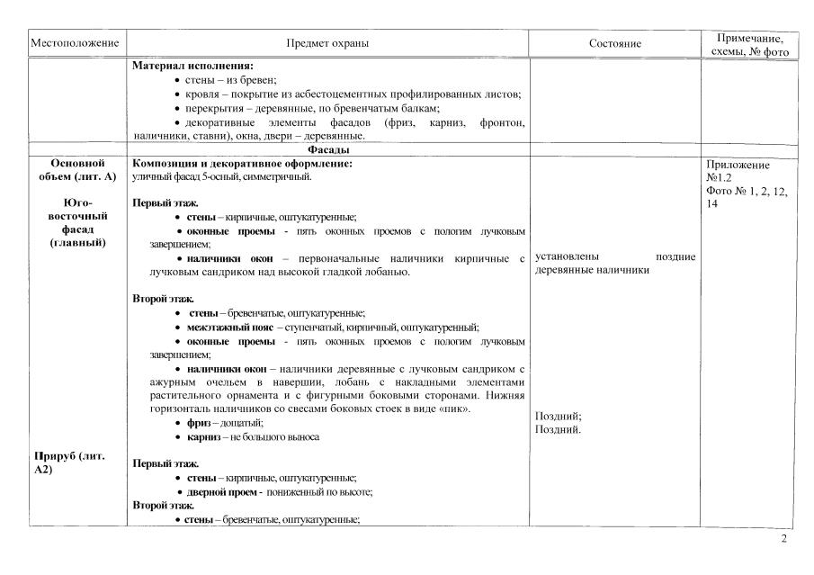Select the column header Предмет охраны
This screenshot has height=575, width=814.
(x=327, y=43)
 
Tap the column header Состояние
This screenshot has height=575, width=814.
(x=615, y=43)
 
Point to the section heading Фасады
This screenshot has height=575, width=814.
(x=328, y=149)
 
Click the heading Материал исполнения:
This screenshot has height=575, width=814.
(x=192, y=67)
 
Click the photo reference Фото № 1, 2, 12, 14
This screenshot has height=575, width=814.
(x=747, y=197)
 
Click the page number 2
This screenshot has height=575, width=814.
(x=784, y=540)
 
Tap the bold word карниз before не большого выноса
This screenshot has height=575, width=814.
(x=203, y=436)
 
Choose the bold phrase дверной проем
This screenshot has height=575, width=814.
(x=224, y=492)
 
